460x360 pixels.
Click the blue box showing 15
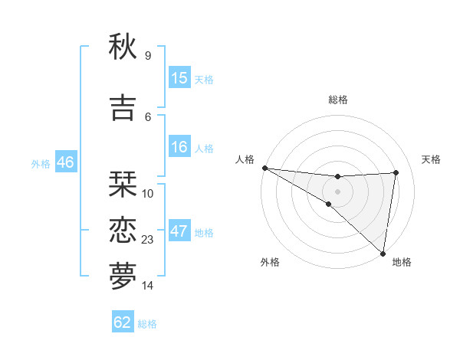click(x=179, y=78)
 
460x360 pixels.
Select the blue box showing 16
click(x=179, y=147)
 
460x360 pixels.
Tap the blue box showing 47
click(x=179, y=232)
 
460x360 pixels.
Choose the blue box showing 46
click(x=65, y=162)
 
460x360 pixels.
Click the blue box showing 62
click(x=123, y=322)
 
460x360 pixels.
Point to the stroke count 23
click(x=148, y=240)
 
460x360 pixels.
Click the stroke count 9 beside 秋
click(x=148, y=56)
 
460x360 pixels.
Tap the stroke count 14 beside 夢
click(x=148, y=286)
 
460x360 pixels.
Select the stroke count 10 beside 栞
click(x=148, y=194)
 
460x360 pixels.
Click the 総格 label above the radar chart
click(x=337, y=100)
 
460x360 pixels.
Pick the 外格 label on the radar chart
click(x=270, y=262)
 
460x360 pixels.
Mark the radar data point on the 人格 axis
click(x=264, y=168)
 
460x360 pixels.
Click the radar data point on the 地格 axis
click(x=383, y=254)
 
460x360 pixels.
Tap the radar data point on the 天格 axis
click(x=396, y=172)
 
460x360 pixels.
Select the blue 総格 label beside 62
click(x=147, y=324)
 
